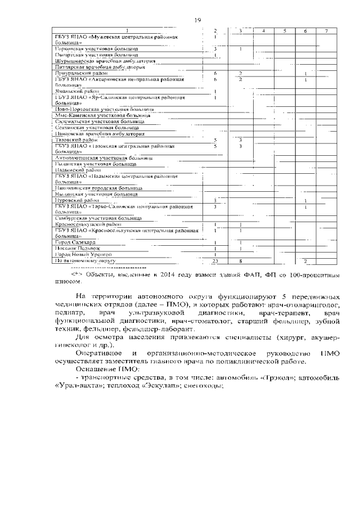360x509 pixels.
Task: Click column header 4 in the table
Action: tap(263, 30)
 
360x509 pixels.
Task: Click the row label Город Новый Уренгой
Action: tap(79, 255)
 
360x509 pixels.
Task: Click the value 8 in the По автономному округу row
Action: tap(240, 261)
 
